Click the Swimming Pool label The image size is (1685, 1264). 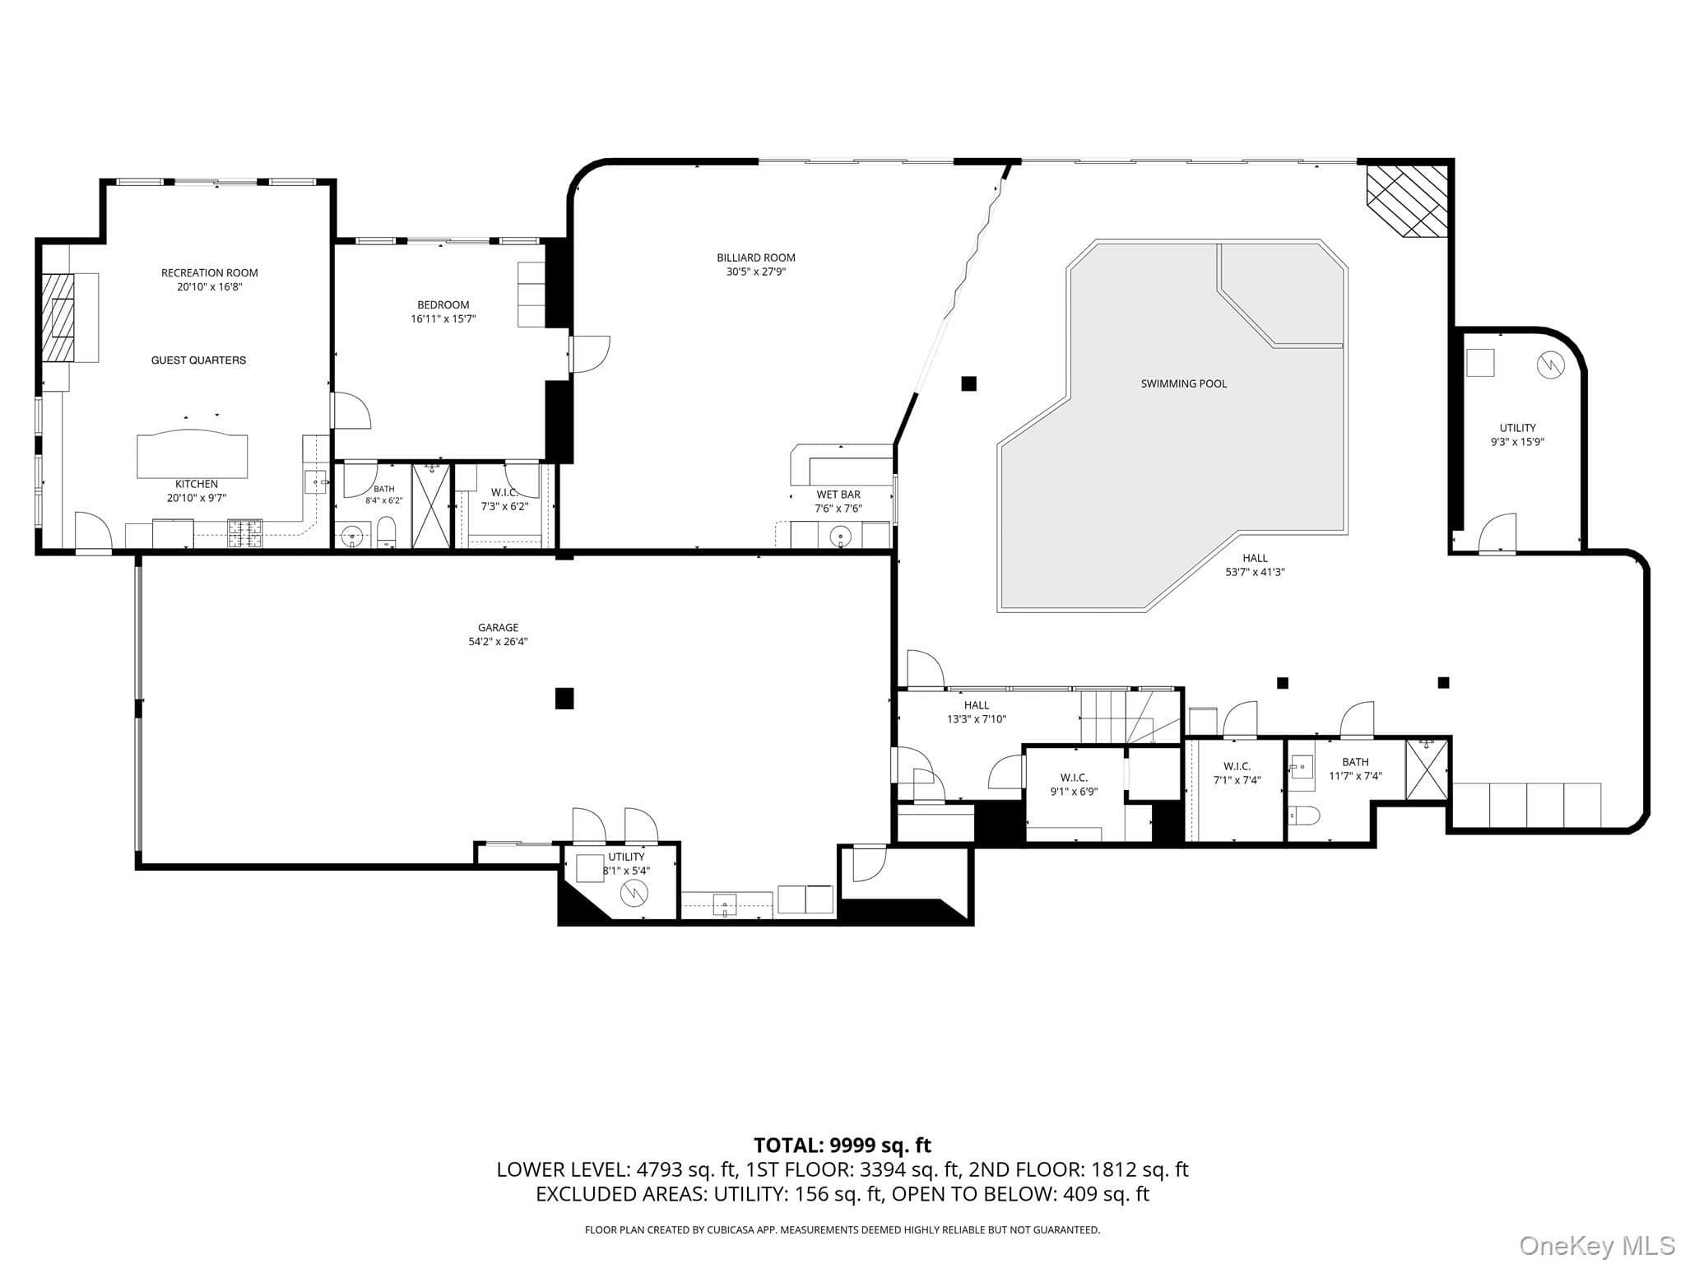pos(1183,383)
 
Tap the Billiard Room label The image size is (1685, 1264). pos(756,258)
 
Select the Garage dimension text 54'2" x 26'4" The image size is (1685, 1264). pos(498,642)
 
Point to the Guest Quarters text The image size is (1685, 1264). pos(198,360)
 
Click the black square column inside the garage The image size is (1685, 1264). pos(564,699)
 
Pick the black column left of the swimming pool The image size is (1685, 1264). pos(969,383)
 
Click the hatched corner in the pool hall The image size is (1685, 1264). pos(1407,202)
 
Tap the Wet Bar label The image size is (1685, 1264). pos(838,495)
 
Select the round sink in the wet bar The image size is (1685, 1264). pos(840,537)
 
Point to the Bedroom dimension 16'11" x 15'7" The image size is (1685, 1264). pos(443,318)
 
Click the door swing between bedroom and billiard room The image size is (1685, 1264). pos(589,355)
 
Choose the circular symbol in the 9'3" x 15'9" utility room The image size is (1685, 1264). pos(1550,365)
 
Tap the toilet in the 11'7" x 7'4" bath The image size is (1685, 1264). pos(1305,816)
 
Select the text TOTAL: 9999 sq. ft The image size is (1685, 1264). pos(842,1145)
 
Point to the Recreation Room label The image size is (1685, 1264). pos(210,273)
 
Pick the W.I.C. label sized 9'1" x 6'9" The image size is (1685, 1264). pos(1074,778)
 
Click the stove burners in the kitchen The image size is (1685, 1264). pos(244,534)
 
